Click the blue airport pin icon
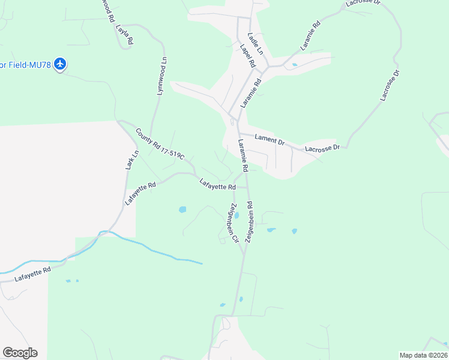tap(59, 64)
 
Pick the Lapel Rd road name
tap(247, 55)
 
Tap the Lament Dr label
tap(269, 140)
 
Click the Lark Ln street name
tap(132, 159)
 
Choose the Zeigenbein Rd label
tap(250, 221)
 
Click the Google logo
tap(20, 353)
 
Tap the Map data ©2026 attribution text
tap(423, 355)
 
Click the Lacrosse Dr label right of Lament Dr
tap(322, 148)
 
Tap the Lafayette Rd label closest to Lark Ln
tap(140, 194)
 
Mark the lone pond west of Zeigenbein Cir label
tap(182, 210)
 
